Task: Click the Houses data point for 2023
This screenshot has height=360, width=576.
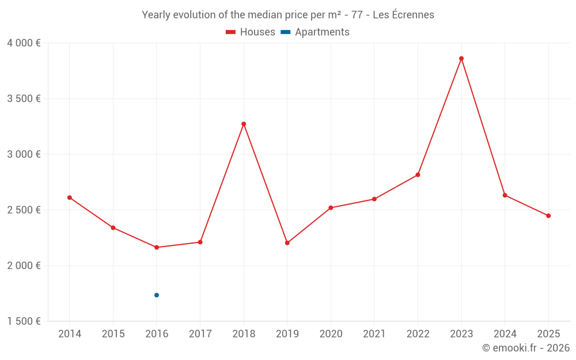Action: [461, 58]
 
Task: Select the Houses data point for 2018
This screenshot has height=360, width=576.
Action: [244, 124]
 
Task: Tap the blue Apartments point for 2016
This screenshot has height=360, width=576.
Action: [157, 295]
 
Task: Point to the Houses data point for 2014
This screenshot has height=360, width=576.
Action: [70, 198]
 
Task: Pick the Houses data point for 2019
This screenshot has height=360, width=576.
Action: [287, 242]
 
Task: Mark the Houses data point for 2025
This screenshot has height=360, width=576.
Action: [548, 216]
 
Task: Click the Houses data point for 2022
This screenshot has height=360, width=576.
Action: [418, 175]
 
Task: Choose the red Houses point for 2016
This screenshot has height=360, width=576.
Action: [157, 247]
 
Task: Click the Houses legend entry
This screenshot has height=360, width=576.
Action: [251, 32]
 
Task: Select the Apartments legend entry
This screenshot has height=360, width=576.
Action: [316, 32]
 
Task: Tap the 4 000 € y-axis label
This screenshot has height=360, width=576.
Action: [24, 43]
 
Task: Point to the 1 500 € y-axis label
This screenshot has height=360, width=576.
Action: [24, 321]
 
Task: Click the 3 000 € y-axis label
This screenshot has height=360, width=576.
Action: [24, 154]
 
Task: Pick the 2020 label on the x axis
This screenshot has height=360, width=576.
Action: [331, 334]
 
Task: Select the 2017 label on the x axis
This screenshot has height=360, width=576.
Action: [200, 334]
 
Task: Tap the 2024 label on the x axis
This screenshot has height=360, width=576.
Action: [505, 334]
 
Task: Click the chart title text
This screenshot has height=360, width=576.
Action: [288, 15]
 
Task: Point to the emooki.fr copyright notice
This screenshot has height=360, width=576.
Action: [525, 348]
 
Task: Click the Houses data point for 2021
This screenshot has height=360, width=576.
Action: [374, 199]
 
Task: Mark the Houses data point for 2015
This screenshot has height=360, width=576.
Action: [113, 228]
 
